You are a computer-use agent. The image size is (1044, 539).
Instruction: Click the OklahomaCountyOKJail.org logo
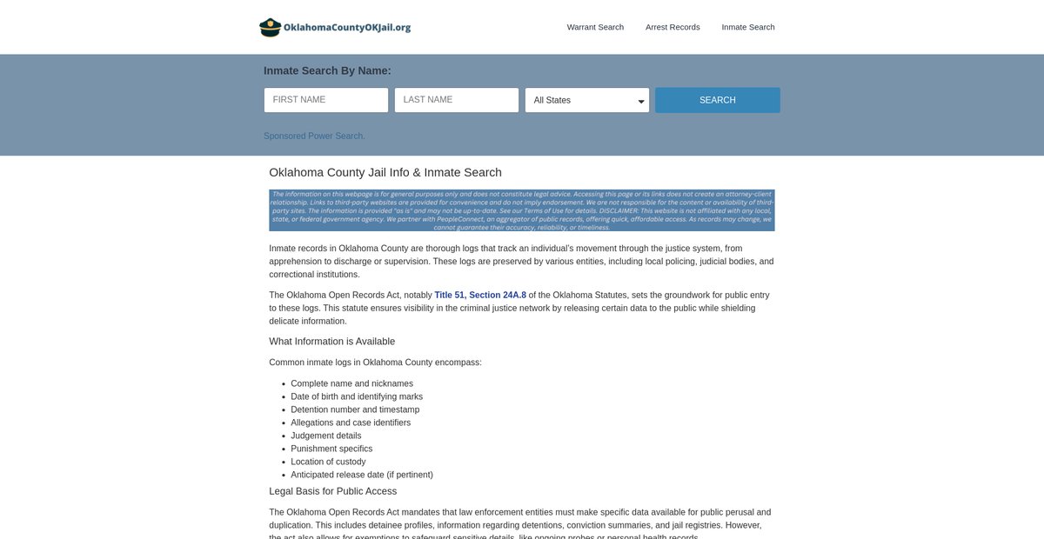(x=335, y=27)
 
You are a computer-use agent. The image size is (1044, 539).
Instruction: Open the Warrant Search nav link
(x=595, y=27)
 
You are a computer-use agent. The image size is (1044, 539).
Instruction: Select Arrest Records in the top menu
(x=673, y=27)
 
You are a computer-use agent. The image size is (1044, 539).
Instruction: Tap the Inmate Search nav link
(x=747, y=27)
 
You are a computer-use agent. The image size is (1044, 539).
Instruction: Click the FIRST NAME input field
(x=326, y=100)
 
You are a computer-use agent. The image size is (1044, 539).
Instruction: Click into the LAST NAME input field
(x=457, y=100)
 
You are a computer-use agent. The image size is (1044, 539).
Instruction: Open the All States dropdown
(x=587, y=100)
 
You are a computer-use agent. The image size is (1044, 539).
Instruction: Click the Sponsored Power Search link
(x=314, y=136)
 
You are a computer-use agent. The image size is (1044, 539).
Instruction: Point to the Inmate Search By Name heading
(x=327, y=70)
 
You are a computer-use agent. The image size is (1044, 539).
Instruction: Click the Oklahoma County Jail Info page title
(x=385, y=172)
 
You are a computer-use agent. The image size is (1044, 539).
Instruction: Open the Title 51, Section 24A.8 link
(x=480, y=295)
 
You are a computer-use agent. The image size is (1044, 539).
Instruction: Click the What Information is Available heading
(x=331, y=341)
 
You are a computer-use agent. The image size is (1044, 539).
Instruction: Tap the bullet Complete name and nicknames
(x=351, y=383)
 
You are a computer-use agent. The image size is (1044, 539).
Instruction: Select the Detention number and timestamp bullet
(x=355, y=409)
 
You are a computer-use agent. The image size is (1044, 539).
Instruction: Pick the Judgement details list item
(x=325, y=436)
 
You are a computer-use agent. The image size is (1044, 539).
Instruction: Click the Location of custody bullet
(x=328, y=462)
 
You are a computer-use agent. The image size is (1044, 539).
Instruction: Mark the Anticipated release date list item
(x=361, y=475)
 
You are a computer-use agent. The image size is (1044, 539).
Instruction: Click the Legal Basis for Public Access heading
(x=332, y=491)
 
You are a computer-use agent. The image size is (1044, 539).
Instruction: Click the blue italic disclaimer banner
(x=521, y=210)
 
